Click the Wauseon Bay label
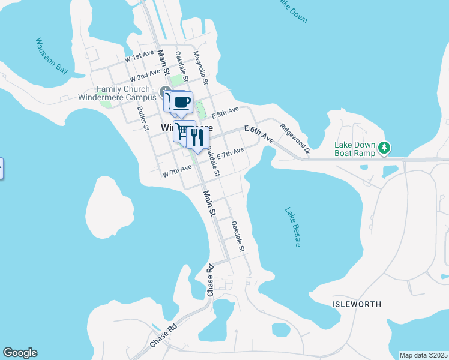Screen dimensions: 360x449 tap(52, 56)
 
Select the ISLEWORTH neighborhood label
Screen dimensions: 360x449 tap(357, 304)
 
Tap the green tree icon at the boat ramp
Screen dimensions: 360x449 tap(385, 146)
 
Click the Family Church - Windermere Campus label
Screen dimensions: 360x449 tap(118, 93)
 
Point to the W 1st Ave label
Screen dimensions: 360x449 tap(139, 56)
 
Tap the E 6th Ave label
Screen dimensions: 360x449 tap(259, 134)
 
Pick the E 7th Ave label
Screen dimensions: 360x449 tap(230, 154)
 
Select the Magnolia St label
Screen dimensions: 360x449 tap(200, 67)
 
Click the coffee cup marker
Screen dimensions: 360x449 tap(181, 101)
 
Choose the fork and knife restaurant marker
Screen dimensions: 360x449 tap(197, 137)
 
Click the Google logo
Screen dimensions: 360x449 tap(20, 353)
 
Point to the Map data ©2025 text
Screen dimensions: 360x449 tap(423, 355)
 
